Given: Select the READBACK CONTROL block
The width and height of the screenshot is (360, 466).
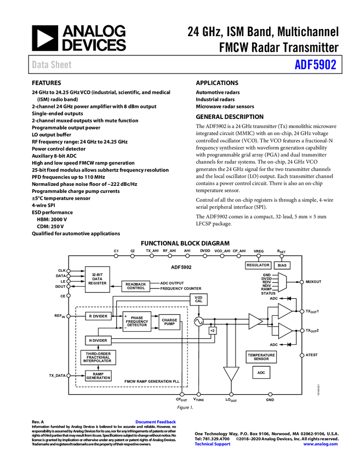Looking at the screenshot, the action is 135,286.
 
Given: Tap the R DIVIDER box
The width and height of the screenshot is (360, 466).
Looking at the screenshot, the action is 98,316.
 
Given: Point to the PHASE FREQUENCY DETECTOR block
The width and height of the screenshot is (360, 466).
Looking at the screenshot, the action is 136,322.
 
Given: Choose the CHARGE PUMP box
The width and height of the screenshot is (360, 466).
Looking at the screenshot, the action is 169,322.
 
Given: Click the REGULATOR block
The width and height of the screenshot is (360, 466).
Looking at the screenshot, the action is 258,265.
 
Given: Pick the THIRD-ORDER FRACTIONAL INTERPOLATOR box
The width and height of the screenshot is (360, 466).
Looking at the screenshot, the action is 98,357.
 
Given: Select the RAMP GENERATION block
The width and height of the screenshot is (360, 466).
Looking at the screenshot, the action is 98,376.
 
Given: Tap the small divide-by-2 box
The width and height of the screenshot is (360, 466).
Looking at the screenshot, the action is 213,331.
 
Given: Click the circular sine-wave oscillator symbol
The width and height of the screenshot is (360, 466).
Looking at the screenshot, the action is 198,322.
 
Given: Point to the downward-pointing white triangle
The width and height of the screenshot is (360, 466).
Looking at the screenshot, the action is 231,373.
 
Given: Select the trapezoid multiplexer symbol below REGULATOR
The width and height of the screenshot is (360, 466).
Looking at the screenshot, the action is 282,282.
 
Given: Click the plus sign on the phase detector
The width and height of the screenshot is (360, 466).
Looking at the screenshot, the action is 125,317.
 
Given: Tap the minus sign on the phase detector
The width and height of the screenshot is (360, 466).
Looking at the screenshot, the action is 125,328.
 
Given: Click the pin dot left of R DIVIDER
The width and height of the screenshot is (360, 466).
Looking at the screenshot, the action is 68,316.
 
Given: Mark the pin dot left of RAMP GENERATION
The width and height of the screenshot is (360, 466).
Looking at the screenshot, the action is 68,376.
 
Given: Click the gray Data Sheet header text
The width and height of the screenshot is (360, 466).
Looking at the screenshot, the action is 52,65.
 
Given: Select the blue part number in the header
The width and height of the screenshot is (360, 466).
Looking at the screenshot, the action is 315,65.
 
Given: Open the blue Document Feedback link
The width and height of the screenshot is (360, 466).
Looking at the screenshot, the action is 156,422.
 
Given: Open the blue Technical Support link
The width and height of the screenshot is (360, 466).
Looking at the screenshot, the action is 213,444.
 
